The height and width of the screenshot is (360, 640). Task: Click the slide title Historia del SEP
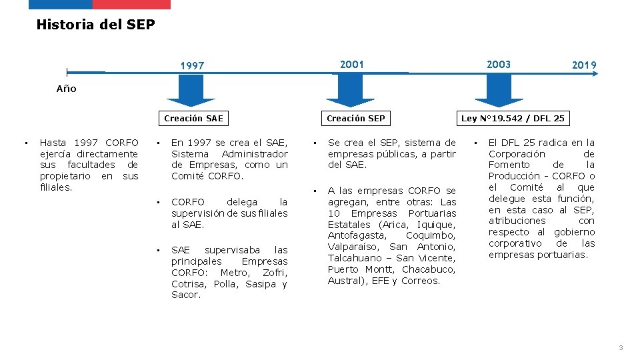click(x=95, y=25)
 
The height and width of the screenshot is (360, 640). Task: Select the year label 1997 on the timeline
click(x=193, y=66)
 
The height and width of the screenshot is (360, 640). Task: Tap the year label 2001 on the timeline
click(x=352, y=64)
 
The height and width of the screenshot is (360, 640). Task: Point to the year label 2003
click(x=499, y=64)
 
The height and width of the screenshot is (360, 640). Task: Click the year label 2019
click(x=584, y=65)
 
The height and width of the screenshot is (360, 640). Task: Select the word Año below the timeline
click(x=66, y=89)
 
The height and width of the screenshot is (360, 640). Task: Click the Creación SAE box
click(x=193, y=119)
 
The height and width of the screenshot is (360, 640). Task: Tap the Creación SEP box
click(x=355, y=119)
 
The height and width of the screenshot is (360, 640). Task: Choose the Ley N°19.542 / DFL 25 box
click(x=513, y=119)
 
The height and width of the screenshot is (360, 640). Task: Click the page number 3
click(x=621, y=348)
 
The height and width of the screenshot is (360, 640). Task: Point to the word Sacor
click(x=185, y=295)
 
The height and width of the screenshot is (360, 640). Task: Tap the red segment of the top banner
click(x=131, y=4)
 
